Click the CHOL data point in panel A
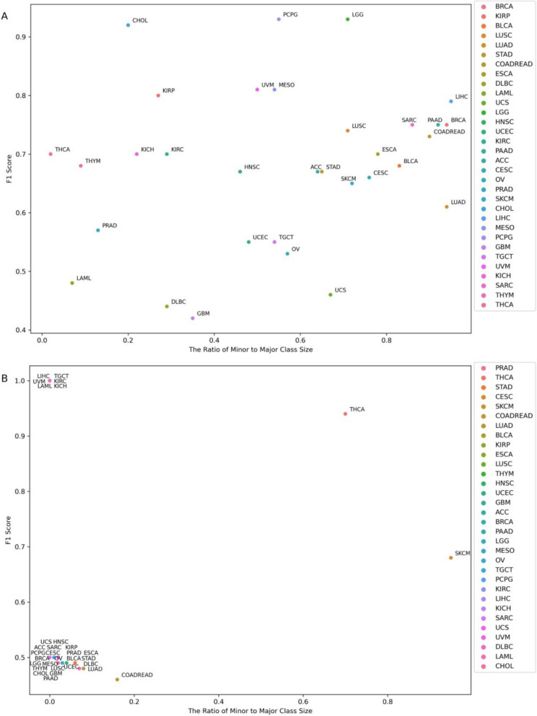(x=128, y=25)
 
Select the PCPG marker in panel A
(x=279, y=19)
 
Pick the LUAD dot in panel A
(x=446, y=207)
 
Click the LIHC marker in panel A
(x=450, y=102)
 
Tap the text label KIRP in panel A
(x=168, y=91)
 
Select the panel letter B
(x=5, y=359)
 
